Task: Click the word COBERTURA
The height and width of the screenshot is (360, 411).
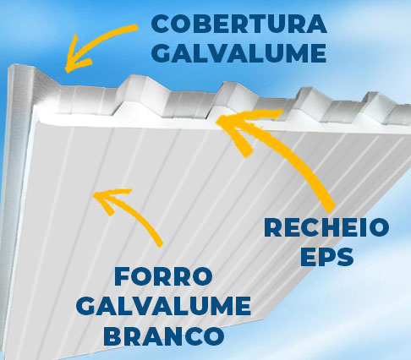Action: click(239, 24)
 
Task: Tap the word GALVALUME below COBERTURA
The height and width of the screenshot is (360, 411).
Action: click(239, 52)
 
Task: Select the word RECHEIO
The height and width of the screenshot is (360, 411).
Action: click(326, 227)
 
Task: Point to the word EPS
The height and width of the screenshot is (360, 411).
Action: click(326, 256)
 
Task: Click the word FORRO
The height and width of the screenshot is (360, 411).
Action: click(163, 276)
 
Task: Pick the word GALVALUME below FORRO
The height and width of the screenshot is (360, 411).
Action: click(163, 305)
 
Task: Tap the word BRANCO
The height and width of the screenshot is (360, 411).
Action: click(163, 335)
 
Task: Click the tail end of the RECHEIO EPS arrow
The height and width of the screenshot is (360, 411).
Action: click(330, 208)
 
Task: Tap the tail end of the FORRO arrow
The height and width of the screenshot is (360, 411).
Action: click(160, 244)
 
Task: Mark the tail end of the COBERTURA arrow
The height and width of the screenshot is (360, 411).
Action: click(136, 27)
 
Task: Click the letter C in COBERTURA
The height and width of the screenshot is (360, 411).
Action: click(161, 25)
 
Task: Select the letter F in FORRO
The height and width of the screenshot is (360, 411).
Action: click(123, 276)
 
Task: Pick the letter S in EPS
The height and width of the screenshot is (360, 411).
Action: click(343, 256)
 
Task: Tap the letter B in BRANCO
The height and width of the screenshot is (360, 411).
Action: click(112, 335)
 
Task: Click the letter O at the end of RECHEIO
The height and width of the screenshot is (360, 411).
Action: click(378, 227)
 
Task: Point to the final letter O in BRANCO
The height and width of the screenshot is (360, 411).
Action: click(213, 335)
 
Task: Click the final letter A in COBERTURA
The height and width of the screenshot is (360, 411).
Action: click(316, 25)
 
